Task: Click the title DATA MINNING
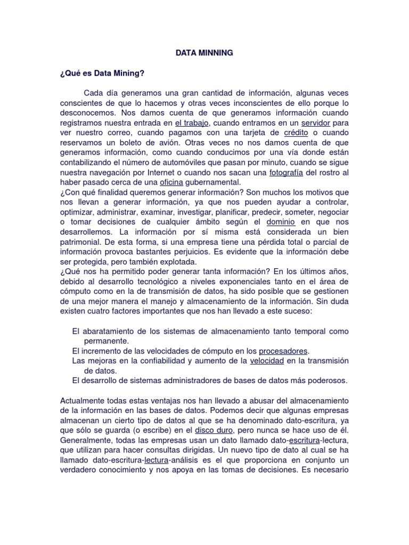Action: [x=204, y=53]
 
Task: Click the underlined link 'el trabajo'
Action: [x=190, y=123]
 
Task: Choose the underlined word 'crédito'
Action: [x=297, y=133]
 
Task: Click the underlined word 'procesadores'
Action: [x=283, y=351]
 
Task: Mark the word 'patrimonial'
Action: [x=84, y=242]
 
